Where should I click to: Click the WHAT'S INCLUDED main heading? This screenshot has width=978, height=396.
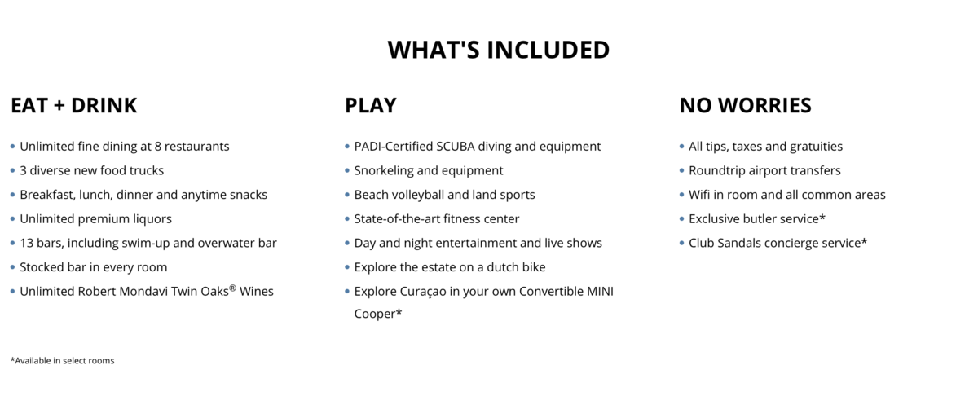[x=499, y=50]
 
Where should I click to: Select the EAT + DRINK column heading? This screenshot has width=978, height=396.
[x=74, y=105]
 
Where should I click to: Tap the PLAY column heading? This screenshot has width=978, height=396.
[x=371, y=105]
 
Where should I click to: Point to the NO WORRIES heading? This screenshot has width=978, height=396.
[x=745, y=105]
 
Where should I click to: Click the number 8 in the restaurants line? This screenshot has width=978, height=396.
[x=157, y=147]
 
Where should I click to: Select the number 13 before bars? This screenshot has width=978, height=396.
[x=26, y=243]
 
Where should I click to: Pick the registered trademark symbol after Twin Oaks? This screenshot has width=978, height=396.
[x=233, y=288]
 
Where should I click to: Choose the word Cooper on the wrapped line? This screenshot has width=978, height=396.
[x=375, y=314]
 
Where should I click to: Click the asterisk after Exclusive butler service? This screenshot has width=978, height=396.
[x=822, y=217]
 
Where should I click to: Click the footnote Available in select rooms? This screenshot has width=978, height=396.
[x=63, y=361]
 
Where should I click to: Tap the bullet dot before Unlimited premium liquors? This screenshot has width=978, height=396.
[x=13, y=218]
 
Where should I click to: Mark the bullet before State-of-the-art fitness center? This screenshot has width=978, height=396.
[x=347, y=218]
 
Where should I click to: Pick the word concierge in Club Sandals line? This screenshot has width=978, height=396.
[x=791, y=243]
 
